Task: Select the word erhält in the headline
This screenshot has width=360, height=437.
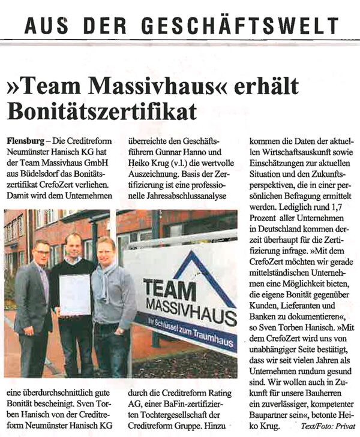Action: pyautogui.click(x=265, y=86)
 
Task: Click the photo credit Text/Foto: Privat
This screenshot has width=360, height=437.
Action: pyautogui.click(x=328, y=426)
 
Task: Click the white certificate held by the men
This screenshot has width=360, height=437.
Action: pyautogui.click(x=74, y=294)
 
